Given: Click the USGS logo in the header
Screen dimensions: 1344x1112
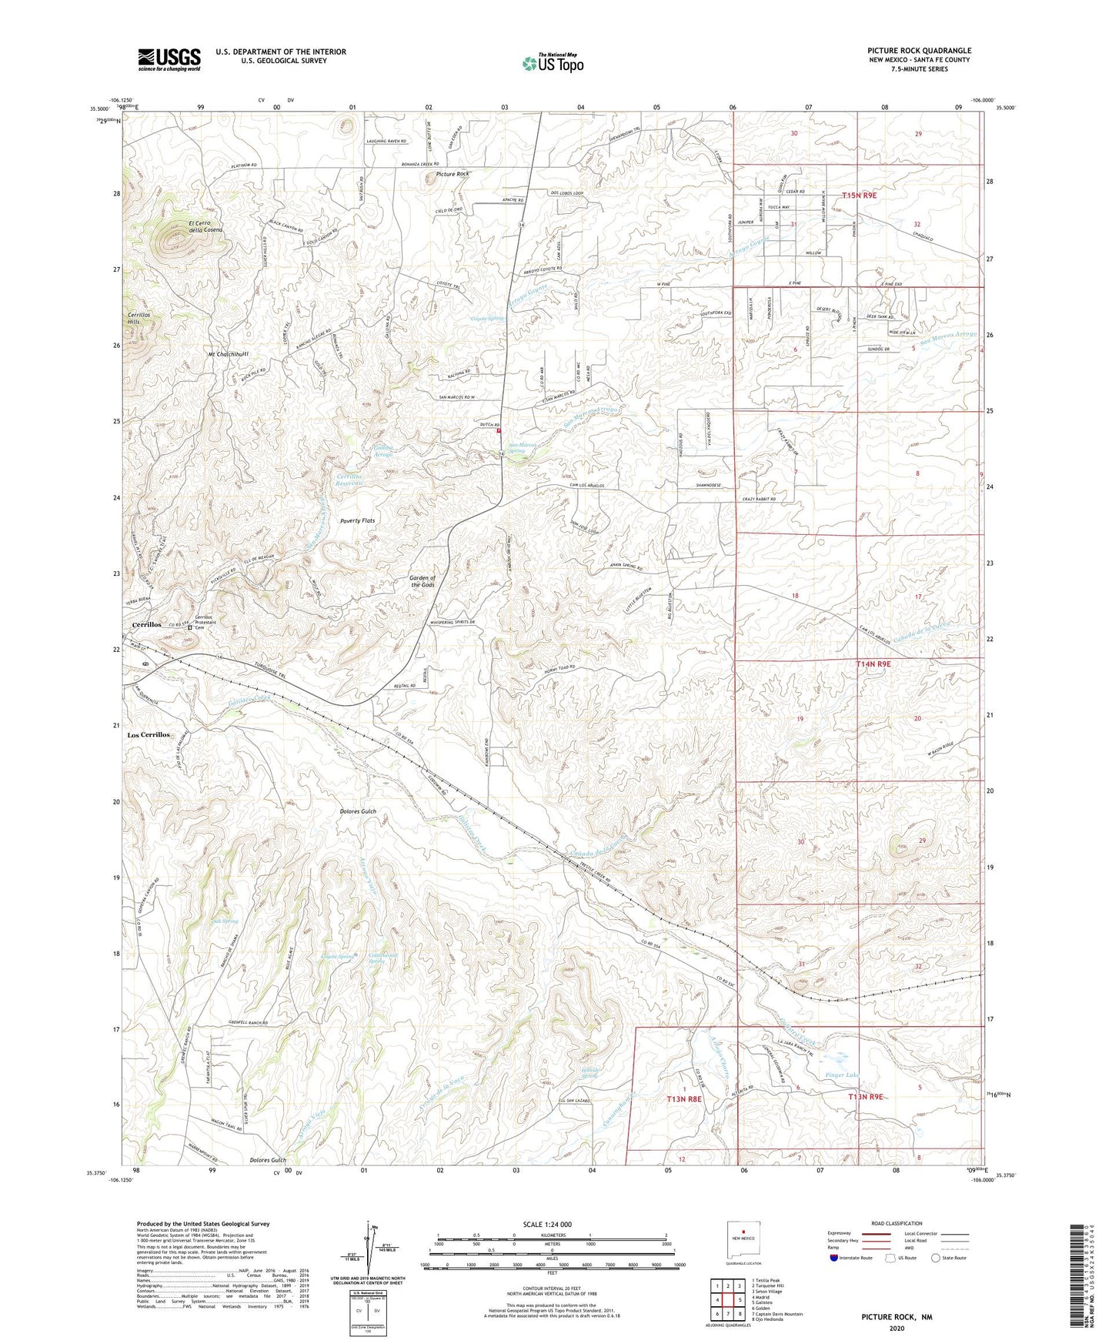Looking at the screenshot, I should tap(169, 59).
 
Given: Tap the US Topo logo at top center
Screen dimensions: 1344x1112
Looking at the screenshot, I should tap(552, 63).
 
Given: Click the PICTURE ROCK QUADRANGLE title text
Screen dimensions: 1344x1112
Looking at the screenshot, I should tap(919, 51).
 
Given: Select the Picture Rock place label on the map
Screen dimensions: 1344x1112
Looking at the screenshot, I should tap(452, 175).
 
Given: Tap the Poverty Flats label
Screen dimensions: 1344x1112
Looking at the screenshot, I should tap(358, 521).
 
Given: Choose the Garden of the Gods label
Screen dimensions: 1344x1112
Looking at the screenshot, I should tap(422, 581).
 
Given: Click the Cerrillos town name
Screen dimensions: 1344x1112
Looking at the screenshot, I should tap(146, 624).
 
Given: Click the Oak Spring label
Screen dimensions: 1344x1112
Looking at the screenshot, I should tap(225, 921).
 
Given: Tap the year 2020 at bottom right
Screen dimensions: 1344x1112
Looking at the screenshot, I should tap(897, 1329).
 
